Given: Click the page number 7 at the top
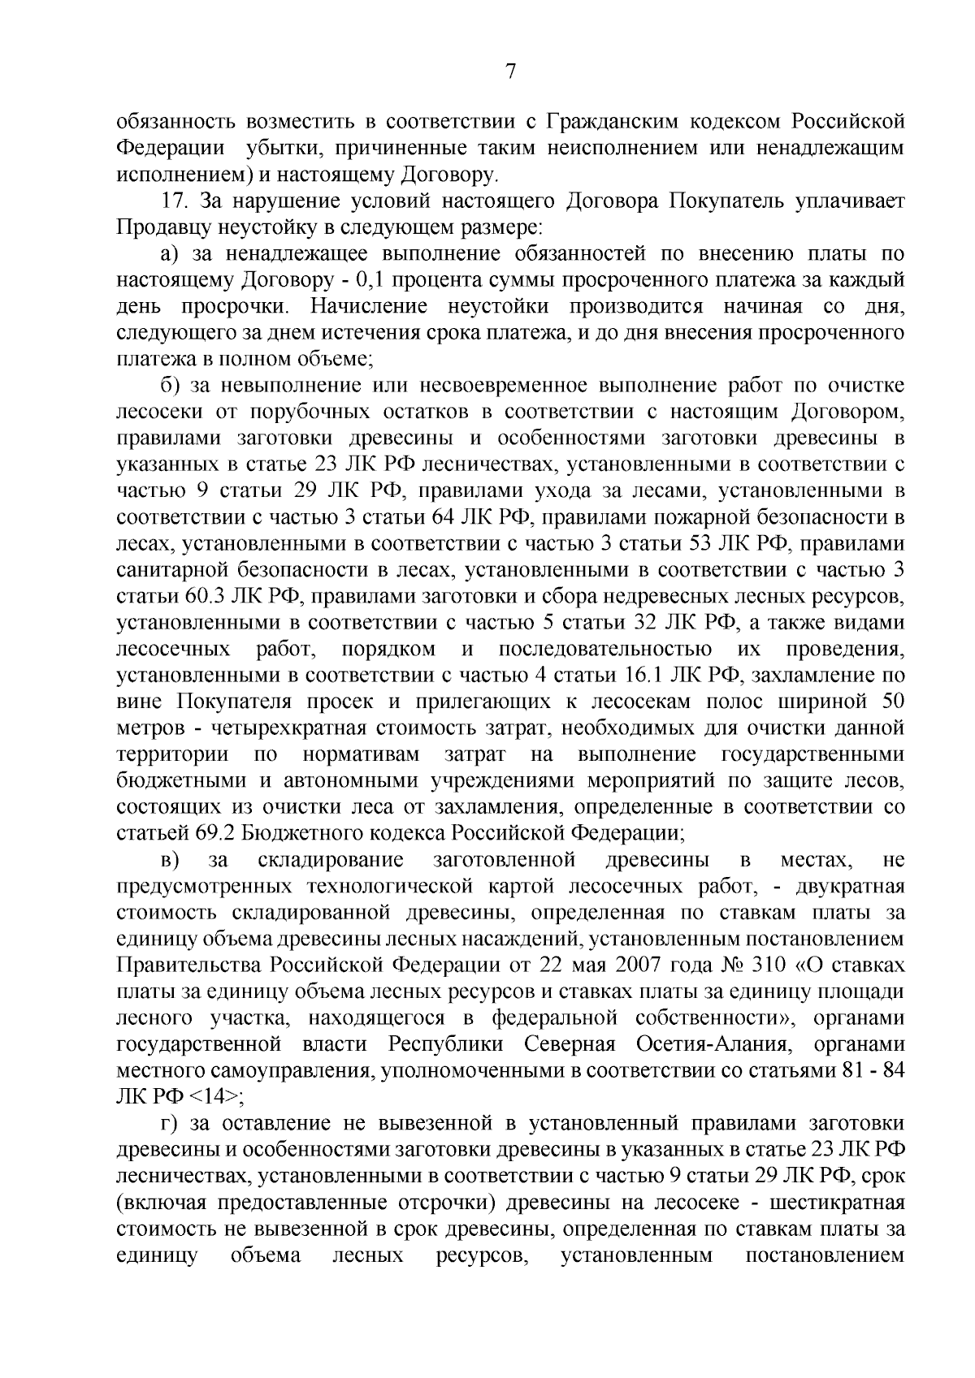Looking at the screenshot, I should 510,71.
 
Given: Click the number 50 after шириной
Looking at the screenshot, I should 891,701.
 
